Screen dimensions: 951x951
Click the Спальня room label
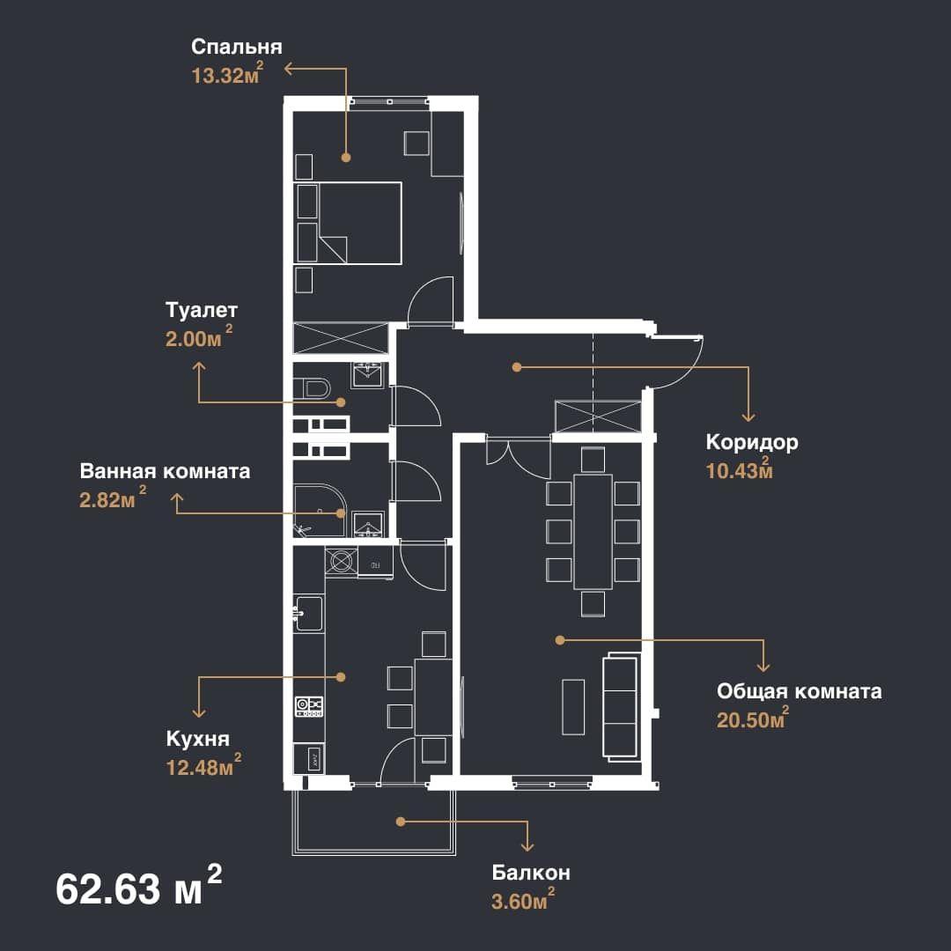pyautogui.click(x=237, y=48)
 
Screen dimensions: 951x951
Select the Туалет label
pyautogui.click(x=202, y=311)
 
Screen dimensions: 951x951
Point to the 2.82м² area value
pyautogui.click(x=113, y=498)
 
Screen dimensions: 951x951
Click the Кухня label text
pyautogui.click(x=198, y=739)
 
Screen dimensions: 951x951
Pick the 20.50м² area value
pyautogui.click(x=753, y=718)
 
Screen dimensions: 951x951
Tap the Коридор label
pyautogui.click(x=752, y=442)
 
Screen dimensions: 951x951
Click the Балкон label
pyautogui.click(x=531, y=873)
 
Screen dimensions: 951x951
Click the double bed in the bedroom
pyautogui.click(x=348, y=223)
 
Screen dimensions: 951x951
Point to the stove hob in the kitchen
pyautogui.click(x=309, y=707)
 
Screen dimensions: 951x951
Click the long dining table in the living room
pyautogui.click(x=593, y=532)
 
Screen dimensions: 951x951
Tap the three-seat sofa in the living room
pyautogui.click(x=622, y=706)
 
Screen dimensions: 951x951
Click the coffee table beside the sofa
pyautogui.click(x=573, y=706)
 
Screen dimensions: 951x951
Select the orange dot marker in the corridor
pyautogui.click(x=517, y=367)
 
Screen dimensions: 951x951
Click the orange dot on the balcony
pyautogui.click(x=401, y=822)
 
